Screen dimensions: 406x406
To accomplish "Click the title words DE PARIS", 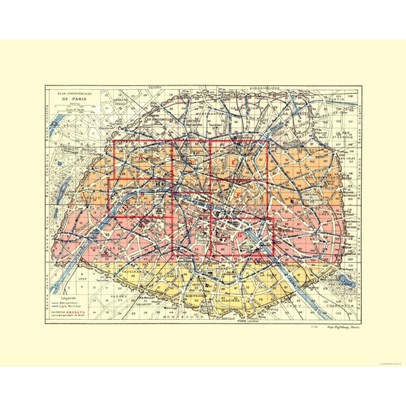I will (x=75, y=99).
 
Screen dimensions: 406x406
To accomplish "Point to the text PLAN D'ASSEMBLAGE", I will (x=75, y=93).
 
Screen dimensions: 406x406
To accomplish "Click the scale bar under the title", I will (x=75, y=108).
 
